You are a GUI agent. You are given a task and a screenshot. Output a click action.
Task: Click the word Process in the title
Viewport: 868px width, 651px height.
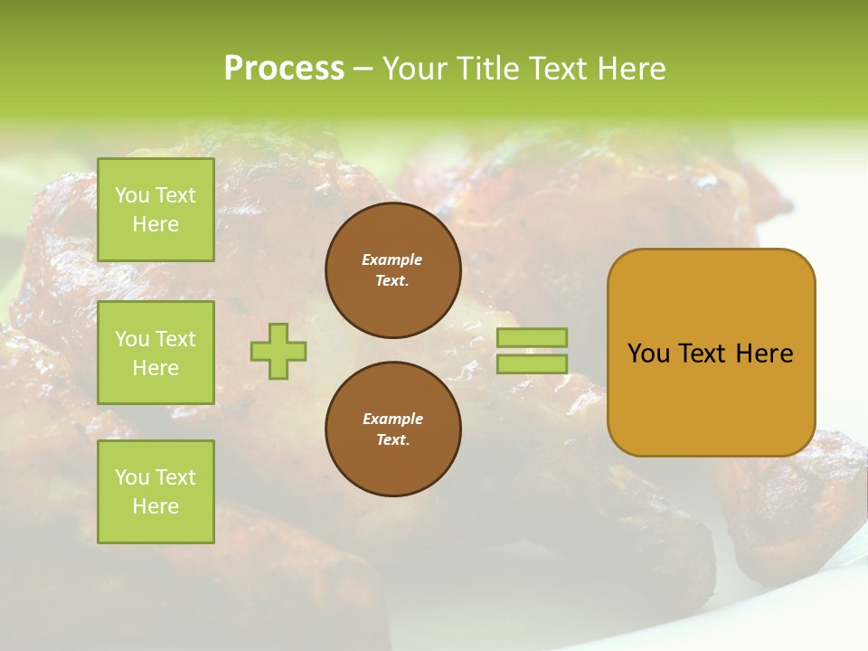tap(284, 69)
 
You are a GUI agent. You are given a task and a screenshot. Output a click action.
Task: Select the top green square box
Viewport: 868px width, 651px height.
tap(156, 210)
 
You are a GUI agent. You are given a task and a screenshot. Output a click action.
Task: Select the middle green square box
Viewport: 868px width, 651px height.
tap(156, 353)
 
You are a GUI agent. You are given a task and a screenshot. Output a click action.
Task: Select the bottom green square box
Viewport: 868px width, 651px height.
tap(156, 492)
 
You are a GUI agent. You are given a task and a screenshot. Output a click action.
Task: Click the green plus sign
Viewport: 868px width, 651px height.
tap(278, 351)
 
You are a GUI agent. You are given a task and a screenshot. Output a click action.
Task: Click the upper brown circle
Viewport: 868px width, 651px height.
tap(393, 270)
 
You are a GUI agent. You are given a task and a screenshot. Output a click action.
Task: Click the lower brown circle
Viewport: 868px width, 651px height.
tap(393, 429)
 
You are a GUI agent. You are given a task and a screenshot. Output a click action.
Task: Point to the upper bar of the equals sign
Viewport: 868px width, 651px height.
tap(532, 337)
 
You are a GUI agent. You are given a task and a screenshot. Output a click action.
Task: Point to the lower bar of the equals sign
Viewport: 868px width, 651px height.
tap(532, 363)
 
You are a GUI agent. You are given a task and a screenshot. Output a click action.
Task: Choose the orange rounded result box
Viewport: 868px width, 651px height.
tap(711, 353)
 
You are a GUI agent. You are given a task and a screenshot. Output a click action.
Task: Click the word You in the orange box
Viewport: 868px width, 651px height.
tap(649, 354)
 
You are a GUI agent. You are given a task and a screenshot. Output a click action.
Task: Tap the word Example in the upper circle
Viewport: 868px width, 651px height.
tap(392, 259)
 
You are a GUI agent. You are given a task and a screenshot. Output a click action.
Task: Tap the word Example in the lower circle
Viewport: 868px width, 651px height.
tap(392, 419)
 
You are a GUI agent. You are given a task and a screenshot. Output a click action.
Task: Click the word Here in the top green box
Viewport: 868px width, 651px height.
tap(156, 224)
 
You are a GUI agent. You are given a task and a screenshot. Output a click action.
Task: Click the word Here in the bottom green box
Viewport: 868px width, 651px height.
tap(156, 506)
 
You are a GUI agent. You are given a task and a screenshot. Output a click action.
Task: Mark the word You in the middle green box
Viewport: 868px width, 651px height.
tap(132, 339)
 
